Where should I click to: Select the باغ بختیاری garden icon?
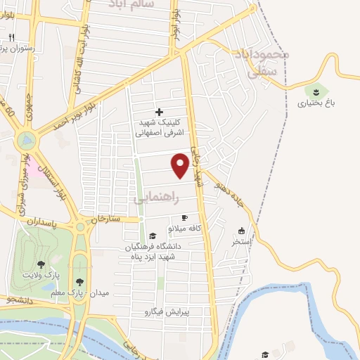[x=316, y=91]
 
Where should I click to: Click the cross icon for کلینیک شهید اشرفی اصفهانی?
[x=159, y=111]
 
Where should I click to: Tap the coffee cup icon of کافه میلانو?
[x=184, y=218]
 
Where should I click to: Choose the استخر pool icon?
[x=242, y=231]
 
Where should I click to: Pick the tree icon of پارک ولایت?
[x=41, y=264]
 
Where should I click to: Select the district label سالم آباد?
[x=130, y=4]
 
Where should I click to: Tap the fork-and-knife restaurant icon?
[x=12, y=37]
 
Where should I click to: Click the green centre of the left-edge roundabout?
[x=26, y=141]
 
